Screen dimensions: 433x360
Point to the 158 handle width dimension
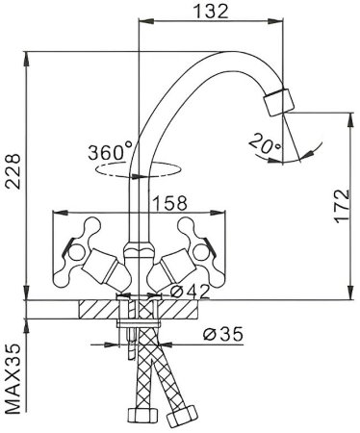[x=169, y=205]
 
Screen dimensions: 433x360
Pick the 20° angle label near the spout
[x=265, y=144]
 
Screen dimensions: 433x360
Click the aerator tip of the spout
[x=280, y=101]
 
